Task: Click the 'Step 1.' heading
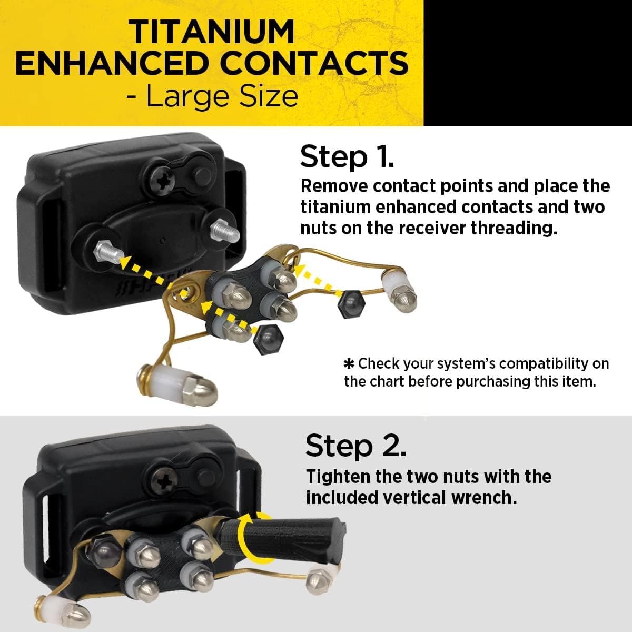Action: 347,157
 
